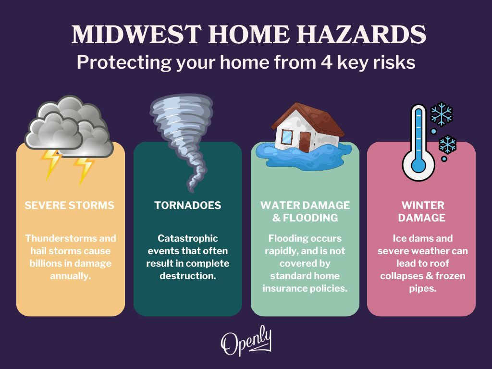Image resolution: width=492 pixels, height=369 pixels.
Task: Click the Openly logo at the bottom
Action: pos(246,342)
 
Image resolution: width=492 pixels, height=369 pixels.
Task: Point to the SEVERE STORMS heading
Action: pos(70,206)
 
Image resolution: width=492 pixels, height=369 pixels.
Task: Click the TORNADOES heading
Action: pos(188,206)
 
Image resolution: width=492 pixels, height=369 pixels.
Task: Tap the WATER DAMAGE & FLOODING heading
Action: pos(305,211)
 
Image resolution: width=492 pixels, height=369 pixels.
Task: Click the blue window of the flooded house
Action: pos(287,136)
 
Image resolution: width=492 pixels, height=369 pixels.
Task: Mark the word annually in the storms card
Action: pos(71,276)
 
